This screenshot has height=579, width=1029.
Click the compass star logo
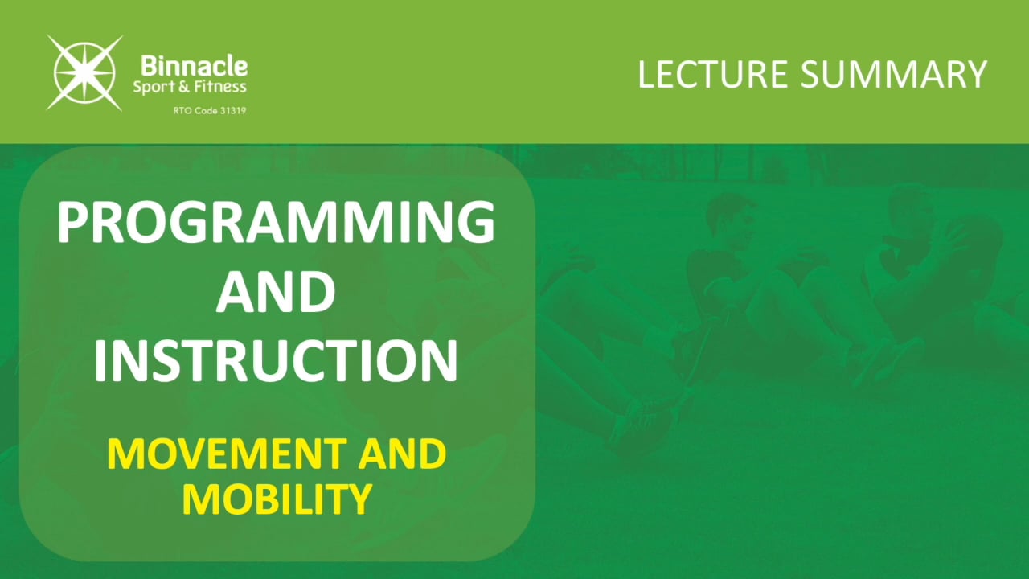click(x=84, y=72)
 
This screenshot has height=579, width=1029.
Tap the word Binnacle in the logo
click(x=194, y=66)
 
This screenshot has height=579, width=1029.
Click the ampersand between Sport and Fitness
click(x=181, y=87)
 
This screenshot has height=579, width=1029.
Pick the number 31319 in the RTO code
click(x=232, y=110)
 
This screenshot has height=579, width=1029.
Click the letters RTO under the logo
click(x=182, y=110)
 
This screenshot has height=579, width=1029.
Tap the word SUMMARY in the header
click(x=893, y=75)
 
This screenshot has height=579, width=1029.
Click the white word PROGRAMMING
click(x=276, y=223)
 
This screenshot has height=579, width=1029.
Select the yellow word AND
click(x=402, y=455)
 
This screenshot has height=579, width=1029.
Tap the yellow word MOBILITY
click(x=276, y=499)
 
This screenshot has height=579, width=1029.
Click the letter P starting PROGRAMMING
click(x=73, y=223)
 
